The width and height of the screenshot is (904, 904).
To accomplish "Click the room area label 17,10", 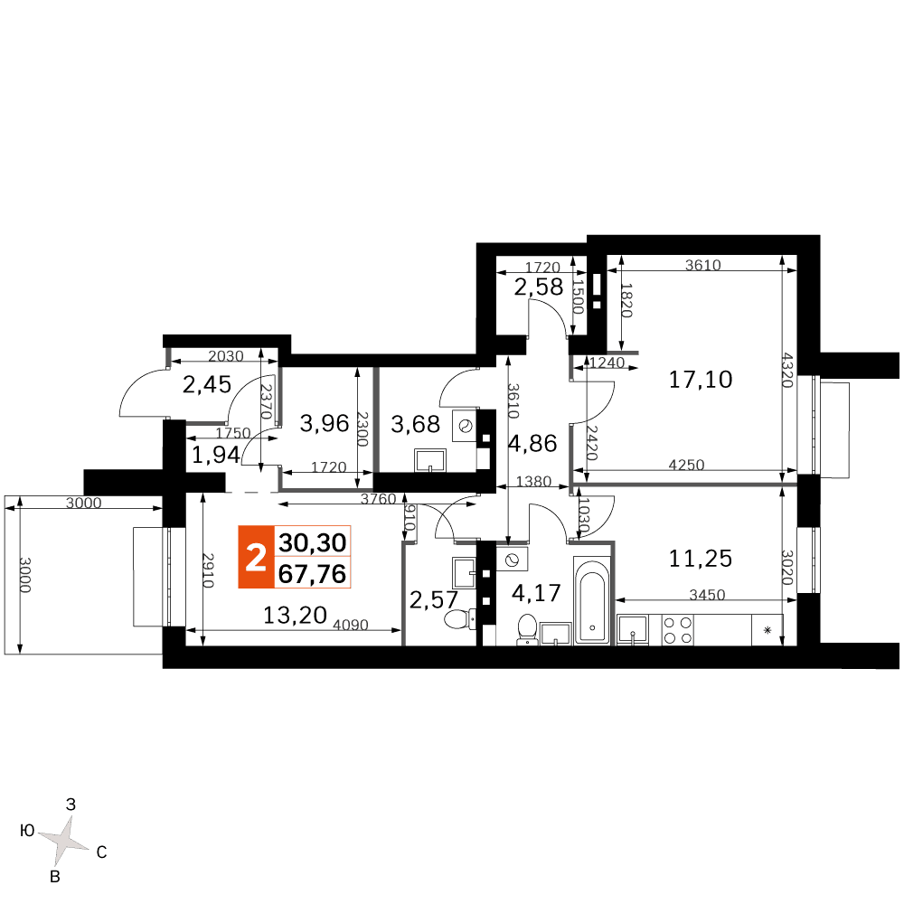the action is pyautogui.click(x=700, y=380).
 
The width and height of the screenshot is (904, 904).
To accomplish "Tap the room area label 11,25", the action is pyautogui.click(x=700, y=558).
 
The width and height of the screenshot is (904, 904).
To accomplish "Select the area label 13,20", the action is pyautogui.click(x=295, y=615).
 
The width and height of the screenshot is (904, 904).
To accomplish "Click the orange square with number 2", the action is pyautogui.click(x=256, y=557).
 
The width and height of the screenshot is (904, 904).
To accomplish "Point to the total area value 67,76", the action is pyautogui.click(x=312, y=574).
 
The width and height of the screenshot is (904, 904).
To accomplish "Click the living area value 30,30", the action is pyautogui.click(x=312, y=542).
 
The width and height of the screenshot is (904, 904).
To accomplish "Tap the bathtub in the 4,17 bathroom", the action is pyautogui.click(x=591, y=600).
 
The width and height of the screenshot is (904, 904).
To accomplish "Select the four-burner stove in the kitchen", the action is pyautogui.click(x=677, y=629).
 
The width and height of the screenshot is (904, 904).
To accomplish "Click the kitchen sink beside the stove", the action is pyautogui.click(x=633, y=629).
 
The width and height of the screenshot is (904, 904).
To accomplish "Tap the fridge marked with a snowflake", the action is pyautogui.click(x=767, y=629).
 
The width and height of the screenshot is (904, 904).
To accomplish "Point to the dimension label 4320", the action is pyautogui.click(x=787, y=370).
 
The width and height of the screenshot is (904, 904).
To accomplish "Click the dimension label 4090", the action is pyautogui.click(x=351, y=625).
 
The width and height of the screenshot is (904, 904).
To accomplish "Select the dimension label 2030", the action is pyautogui.click(x=225, y=356).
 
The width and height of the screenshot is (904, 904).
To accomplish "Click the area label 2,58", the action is pyautogui.click(x=539, y=287).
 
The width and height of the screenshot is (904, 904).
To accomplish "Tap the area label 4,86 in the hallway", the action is pyautogui.click(x=532, y=443).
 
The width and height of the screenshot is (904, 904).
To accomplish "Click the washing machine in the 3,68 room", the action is pyautogui.click(x=465, y=426).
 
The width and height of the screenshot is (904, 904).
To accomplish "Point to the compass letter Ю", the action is pyautogui.click(x=28, y=831).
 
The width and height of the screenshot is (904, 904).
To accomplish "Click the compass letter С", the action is pyautogui.click(x=101, y=852).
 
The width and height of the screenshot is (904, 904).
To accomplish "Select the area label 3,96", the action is pyautogui.click(x=325, y=424).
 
